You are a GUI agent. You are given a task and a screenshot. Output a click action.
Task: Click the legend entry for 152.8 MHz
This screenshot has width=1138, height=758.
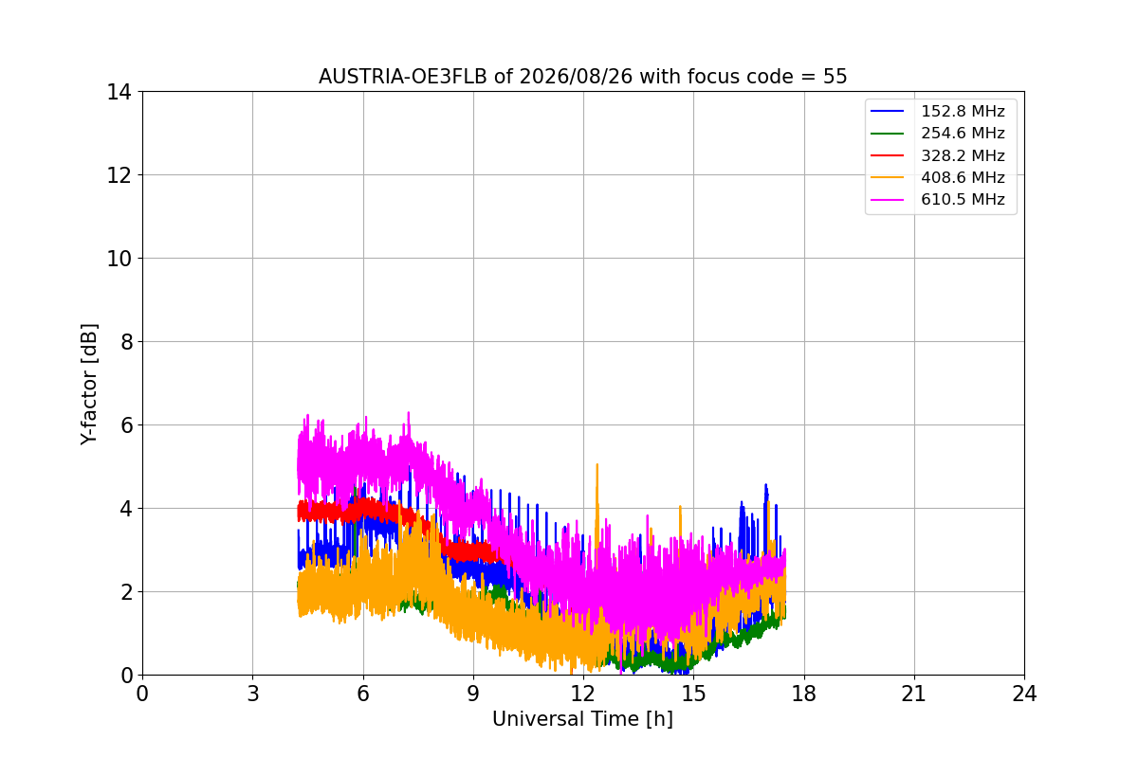tap(937, 111)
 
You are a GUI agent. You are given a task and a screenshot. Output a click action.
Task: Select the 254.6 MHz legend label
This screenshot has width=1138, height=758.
tap(937, 133)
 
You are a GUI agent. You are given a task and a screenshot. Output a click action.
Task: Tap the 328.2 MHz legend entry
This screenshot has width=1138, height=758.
tap(937, 155)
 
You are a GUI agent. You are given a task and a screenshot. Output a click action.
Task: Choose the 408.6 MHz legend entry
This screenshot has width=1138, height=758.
tap(937, 177)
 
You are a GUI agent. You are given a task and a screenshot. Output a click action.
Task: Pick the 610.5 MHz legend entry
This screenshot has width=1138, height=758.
tap(937, 200)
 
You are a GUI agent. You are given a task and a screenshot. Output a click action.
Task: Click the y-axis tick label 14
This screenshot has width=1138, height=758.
tap(119, 93)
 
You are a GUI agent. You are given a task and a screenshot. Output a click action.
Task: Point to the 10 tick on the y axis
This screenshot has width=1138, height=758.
tap(119, 259)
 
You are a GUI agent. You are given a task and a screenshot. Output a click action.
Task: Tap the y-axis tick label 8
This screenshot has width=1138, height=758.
tap(126, 342)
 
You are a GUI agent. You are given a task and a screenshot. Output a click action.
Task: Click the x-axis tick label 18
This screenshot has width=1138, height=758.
tap(804, 694)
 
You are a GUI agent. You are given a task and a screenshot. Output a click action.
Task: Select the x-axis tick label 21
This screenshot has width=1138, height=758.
tap(914, 694)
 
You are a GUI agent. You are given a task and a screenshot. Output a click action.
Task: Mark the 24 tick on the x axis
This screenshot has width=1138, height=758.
tap(1024, 694)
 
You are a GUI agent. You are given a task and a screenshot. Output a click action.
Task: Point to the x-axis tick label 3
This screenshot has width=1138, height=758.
tap(253, 694)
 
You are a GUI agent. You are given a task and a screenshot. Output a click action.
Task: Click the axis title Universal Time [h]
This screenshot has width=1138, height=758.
tap(582, 719)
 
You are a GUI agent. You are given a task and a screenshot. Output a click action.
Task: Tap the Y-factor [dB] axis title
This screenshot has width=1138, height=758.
tap(89, 385)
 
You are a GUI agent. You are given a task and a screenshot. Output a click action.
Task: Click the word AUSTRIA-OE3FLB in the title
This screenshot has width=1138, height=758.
tap(403, 77)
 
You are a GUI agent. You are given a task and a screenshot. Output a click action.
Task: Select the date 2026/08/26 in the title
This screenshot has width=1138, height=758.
tap(577, 77)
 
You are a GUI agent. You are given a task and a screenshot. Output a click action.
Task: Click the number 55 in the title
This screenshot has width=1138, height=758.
tap(835, 77)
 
